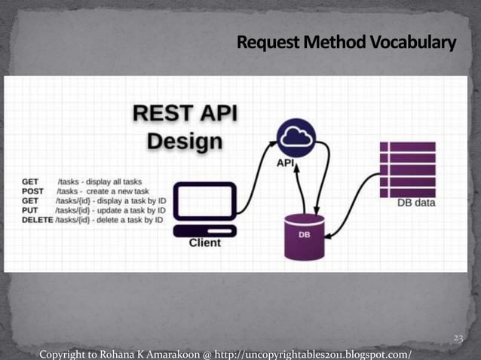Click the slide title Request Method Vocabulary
pyautogui.click(x=346, y=44)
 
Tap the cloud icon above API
pyautogui.click(x=296, y=137)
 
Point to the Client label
pyautogui.click(x=204, y=243)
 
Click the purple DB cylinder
pyautogui.click(x=304, y=236)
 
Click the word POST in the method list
pyautogui.click(x=33, y=191)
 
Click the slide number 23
pyautogui.click(x=458, y=340)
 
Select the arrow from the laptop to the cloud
pyautogui.click(x=255, y=174)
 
